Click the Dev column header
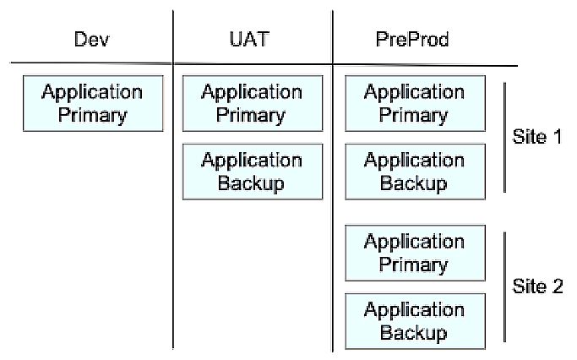(x=91, y=40)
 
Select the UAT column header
(x=253, y=40)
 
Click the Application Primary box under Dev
(x=92, y=103)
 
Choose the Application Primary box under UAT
(x=253, y=103)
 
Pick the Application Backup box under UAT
(x=253, y=172)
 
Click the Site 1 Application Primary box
(x=414, y=103)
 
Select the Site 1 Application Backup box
(x=414, y=172)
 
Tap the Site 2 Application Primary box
(x=414, y=253)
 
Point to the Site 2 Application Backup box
(x=414, y=321)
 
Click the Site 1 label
(x=537, y=136)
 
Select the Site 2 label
(x=537, y=286)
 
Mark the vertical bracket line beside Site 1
(x=504, y=137)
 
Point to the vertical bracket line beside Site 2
(x=504, y=287)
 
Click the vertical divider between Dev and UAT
(x=173, y=211)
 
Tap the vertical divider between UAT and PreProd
(x=333, y=211)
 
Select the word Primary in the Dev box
(x=91, y=114)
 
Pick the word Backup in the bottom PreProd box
(x=413, y=332)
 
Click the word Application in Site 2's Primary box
(x=414, y=242)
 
